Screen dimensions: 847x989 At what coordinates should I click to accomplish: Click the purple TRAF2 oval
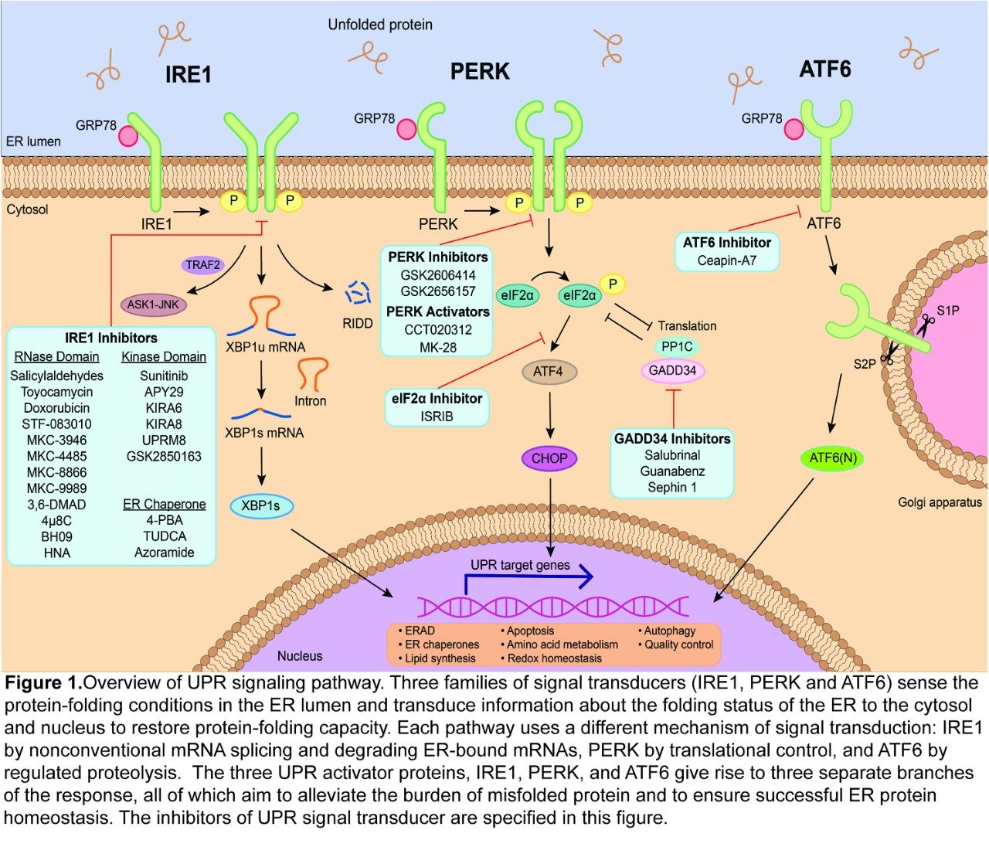click(x=203, y=265)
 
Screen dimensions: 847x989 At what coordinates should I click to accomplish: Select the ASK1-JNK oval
click(x=153, y=304)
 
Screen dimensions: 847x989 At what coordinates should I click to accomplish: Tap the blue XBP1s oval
click(x=261, y=506)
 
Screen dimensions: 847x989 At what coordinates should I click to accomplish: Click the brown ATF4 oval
click(x=548, y=371)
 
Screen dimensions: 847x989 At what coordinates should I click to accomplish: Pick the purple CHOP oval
click(x=549, y=458)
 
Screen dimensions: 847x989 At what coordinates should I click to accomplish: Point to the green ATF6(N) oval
click(x=833, y=458)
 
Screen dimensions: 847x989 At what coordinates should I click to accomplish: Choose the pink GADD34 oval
click(x=672, y=370)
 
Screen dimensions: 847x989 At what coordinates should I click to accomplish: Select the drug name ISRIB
click(x=437, y=417)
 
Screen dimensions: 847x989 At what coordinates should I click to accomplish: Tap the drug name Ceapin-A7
click(x=726, y=260)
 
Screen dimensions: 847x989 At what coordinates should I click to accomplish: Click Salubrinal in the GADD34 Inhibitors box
click(x=672, y=455)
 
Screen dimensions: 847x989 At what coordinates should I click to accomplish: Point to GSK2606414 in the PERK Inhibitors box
click(x=438, y=275)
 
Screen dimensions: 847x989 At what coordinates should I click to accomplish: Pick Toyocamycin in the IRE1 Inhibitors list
click(x=56, y=392)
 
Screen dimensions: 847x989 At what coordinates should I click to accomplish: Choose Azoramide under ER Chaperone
click(x=164, y=553)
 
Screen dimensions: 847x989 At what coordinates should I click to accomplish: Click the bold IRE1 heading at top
click(x=188, y=74)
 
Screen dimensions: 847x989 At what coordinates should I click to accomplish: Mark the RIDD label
click(x=357, y=323)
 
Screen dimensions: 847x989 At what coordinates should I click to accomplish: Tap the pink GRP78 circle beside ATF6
click(x=794, y=130)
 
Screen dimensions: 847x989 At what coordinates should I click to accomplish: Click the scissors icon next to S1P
click(x=925, y=321)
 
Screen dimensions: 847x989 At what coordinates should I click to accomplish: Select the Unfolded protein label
click(x=380, y=25)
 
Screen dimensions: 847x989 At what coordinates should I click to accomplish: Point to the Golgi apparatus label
click(x=940, y=502)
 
